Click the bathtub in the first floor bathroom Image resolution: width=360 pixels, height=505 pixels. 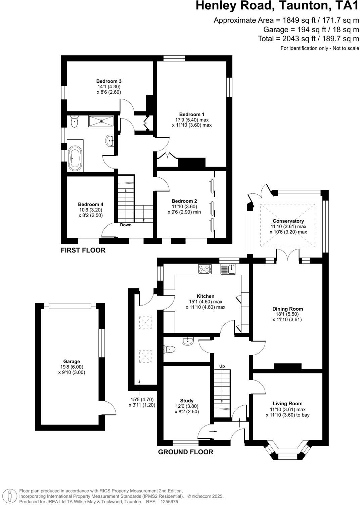click(x=75, y=158)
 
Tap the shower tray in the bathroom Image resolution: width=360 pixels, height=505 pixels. click(x=101, y=121)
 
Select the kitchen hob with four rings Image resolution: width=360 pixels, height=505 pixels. click(x=205, y=269)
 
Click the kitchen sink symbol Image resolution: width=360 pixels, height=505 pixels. click(x=229, y=269)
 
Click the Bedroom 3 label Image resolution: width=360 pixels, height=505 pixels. click(x=109, y=81)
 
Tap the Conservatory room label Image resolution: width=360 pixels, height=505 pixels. click(x=288, y=221)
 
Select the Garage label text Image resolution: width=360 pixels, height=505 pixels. click(x=72, y=361)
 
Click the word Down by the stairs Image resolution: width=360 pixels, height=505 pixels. click(x=126, y=225)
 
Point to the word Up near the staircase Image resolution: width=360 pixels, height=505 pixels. click(x=222, y=366)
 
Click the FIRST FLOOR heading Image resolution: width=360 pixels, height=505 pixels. click(x=83, y=250)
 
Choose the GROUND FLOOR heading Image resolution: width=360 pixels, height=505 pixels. click(x=186, y=452)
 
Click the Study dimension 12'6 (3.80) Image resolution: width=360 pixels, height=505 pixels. click(x=187, y=406)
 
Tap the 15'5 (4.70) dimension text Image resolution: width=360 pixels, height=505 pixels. click(x=142, y=400)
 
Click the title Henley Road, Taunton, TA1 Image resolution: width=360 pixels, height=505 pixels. click(x=277, y=6)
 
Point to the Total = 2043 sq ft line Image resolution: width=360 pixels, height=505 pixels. click(x=308, y=39)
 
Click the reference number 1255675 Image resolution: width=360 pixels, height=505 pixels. click(x=169, y=502)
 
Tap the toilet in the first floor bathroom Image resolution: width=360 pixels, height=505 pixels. click(x=75, y=122)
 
